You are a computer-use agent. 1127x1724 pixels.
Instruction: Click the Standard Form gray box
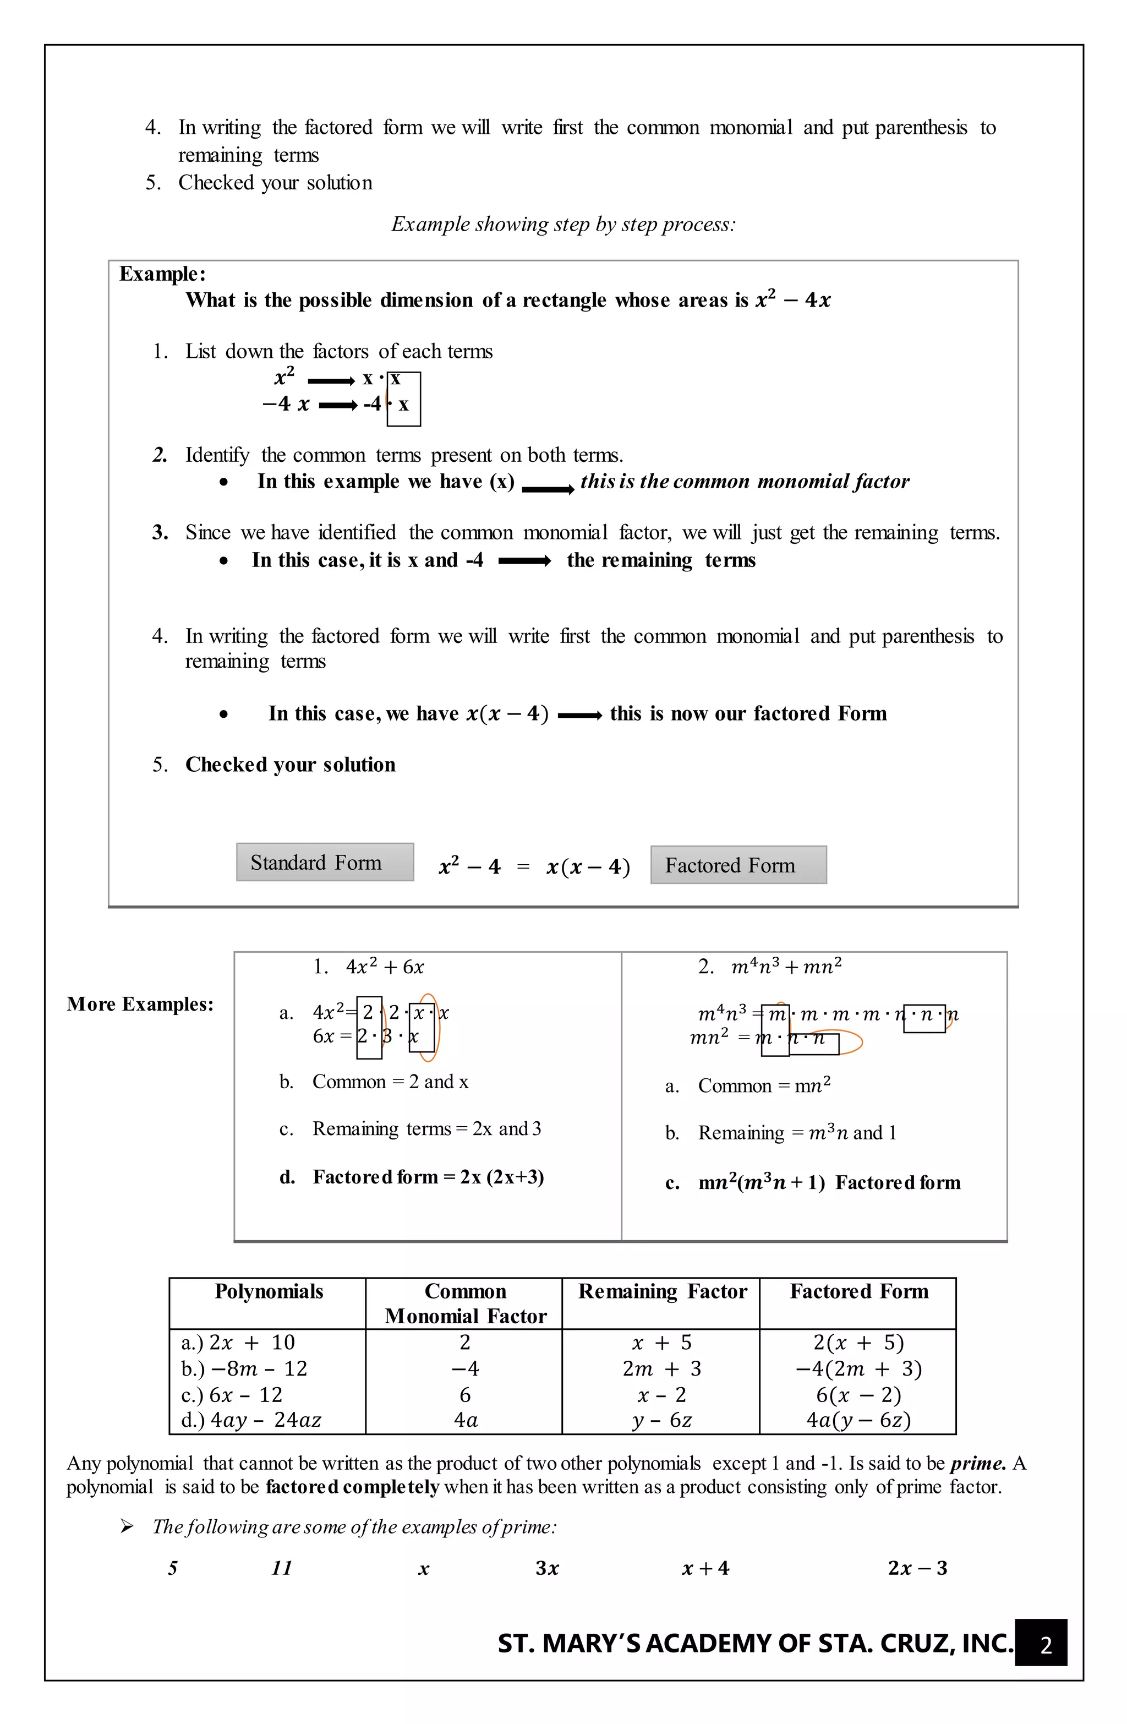click(x=325, y=862)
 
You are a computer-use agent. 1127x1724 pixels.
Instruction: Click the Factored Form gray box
click(x=738, y=865)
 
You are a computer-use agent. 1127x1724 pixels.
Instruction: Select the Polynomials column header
click(x=269, y=1291)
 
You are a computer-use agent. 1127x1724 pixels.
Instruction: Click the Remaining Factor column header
click(x=661, y=1291)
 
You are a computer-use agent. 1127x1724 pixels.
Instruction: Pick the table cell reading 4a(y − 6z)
click(x=858, y=1419)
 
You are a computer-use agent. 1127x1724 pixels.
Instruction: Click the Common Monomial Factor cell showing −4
click(x=464, y=1368)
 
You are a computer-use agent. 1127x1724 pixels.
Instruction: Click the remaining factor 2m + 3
click(x=661, y=1368)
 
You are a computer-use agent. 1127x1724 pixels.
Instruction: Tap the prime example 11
click(x=281, y=1568)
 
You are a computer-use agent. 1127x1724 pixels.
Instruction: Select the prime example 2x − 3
click(x=917, y=1568)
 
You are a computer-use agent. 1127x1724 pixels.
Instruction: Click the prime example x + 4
click(x=705, y=1568)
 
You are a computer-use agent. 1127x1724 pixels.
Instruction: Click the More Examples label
click(x=140, y=1004)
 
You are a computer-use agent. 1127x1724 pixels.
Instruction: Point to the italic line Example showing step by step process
click(x=563, y=225)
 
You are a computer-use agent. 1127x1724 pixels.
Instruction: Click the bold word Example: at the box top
click(x=162, y=274)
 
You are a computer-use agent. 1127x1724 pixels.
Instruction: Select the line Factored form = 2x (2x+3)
click(x=428, y=1177)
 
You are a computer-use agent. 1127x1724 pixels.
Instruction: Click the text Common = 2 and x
click(x=390, y=1082)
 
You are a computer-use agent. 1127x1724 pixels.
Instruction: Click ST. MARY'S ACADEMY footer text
click(x=754, y=1644)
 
